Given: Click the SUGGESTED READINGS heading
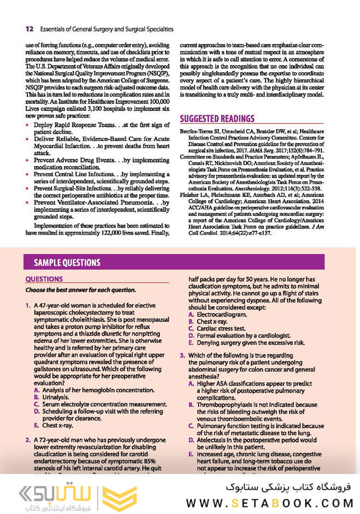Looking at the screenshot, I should (217, 119).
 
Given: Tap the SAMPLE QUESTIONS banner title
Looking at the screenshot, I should (67, 262).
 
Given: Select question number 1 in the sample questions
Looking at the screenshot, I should (28, 305).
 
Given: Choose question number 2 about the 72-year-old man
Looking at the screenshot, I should (28, 440).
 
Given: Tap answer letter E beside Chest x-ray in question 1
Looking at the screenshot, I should (37, 425).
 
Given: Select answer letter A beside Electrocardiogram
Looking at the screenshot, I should (191, 315).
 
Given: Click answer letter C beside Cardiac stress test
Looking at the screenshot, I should (191, 329).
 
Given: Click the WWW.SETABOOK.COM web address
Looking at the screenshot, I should (267, 502).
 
